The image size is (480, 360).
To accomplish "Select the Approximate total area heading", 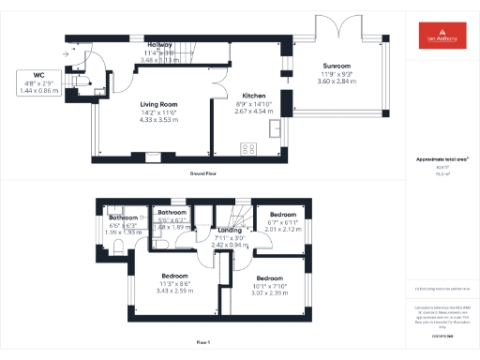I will tap(442, 159).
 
